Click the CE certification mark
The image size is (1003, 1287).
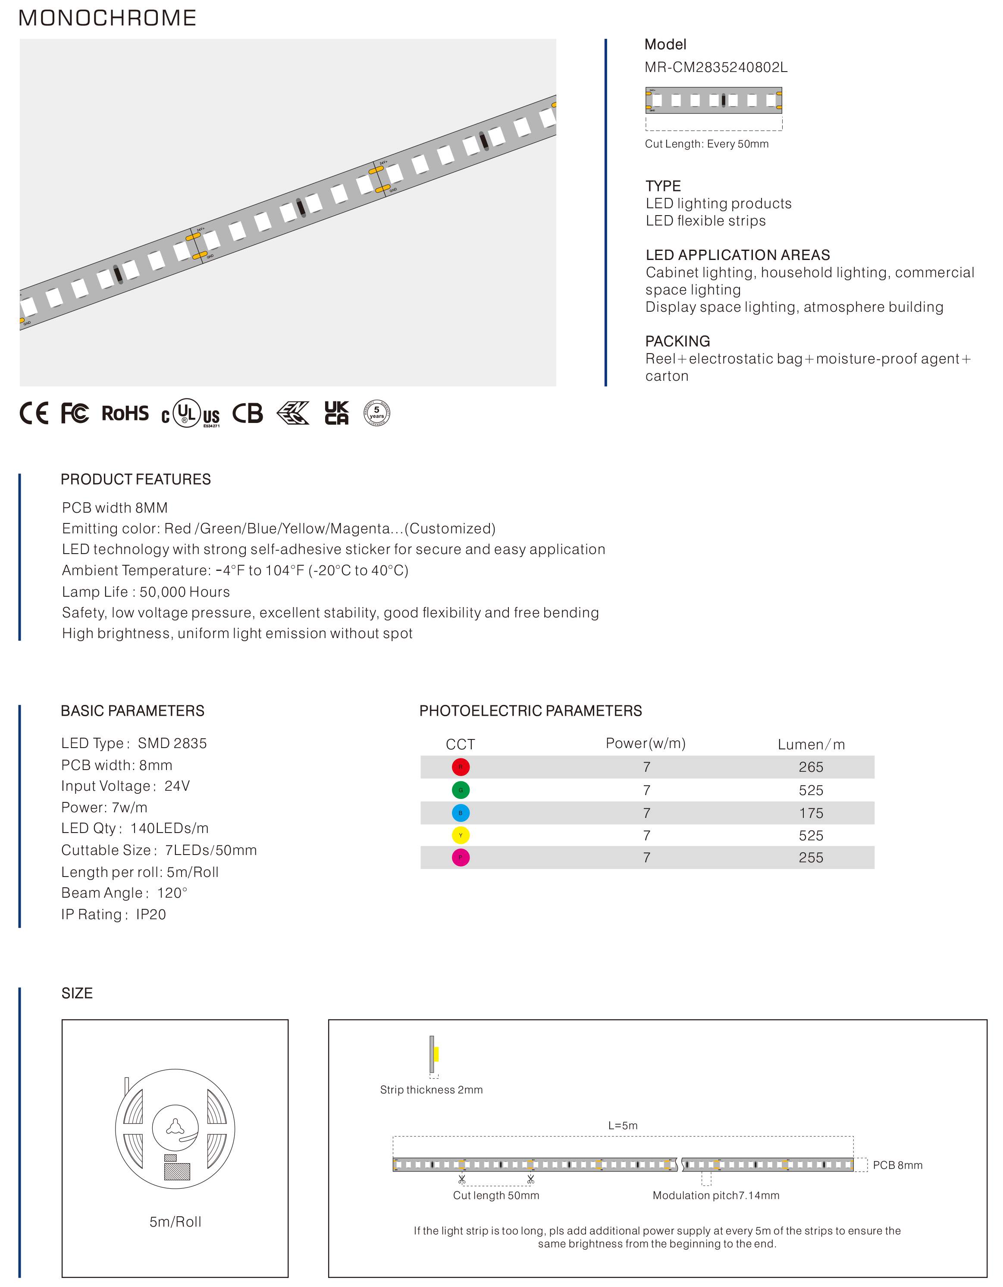34,413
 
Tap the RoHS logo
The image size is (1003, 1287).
125,413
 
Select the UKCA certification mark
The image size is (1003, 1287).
336,413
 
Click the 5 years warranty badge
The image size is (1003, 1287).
376,413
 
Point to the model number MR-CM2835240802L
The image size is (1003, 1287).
715,67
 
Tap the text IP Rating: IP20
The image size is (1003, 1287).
114,914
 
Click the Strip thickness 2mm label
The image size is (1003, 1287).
431,1090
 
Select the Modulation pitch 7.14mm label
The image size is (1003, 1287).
715,1195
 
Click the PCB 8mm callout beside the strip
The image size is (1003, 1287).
897,1165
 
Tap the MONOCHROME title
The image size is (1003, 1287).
107,18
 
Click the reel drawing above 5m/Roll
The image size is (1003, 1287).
175,1129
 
